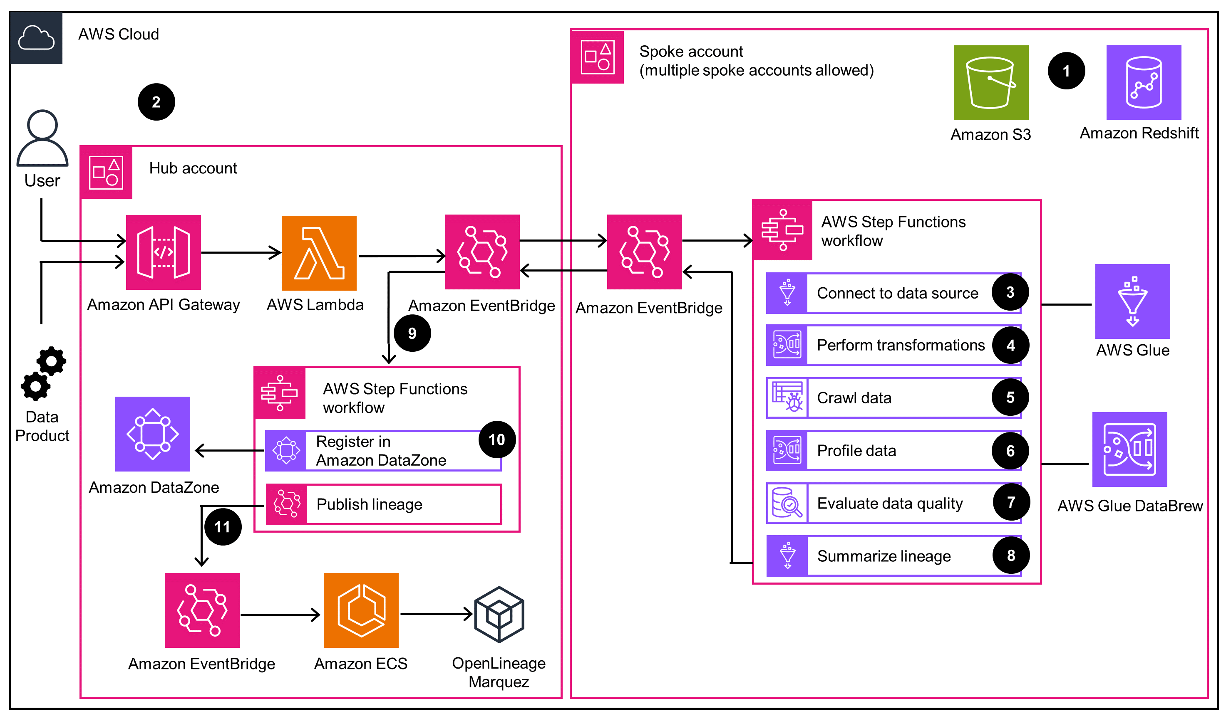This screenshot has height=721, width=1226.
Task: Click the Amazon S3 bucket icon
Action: pos(990,83)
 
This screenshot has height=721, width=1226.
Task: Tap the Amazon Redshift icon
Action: pos(1143,82)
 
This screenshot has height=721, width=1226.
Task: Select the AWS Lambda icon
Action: pos(319,253)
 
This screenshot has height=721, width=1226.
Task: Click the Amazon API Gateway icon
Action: pos(163,252)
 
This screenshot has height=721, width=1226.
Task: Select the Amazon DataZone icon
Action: pos(152,434)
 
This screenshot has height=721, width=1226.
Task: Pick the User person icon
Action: pos(42,138)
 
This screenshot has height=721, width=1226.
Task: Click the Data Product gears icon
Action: pos(43,373)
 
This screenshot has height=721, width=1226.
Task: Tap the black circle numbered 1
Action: pos(1066,71)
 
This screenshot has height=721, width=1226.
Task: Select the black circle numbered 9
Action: pos(412,333)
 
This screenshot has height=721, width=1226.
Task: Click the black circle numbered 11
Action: pos(222,526)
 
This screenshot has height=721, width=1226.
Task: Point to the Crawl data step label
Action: pos(854,398)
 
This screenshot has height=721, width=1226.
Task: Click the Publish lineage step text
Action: pos(369,504)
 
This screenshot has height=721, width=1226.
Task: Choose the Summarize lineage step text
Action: pos(884,556)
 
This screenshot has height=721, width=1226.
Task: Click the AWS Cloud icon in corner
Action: pos(36,38)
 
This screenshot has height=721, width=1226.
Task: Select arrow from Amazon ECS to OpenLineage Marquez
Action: pos(435,614)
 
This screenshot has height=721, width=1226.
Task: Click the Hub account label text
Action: pos(193,168)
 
